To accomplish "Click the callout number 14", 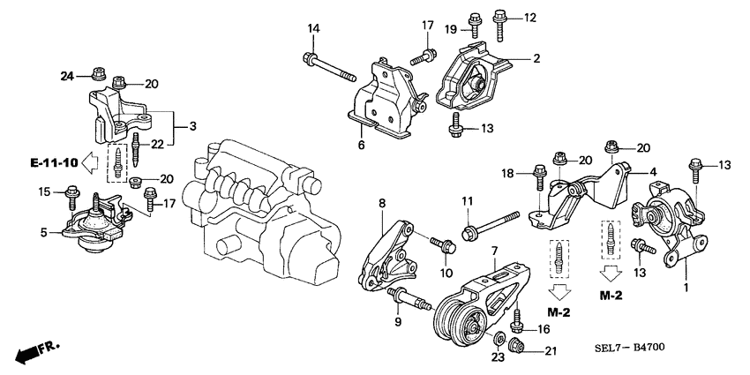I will click(313, 29).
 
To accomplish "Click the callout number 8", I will click(382, 204).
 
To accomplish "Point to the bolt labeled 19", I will click(474, 20).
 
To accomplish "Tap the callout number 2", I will click(536, 60).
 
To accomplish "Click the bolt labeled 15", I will click(72, 195).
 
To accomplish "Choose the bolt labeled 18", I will click(536, 186).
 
